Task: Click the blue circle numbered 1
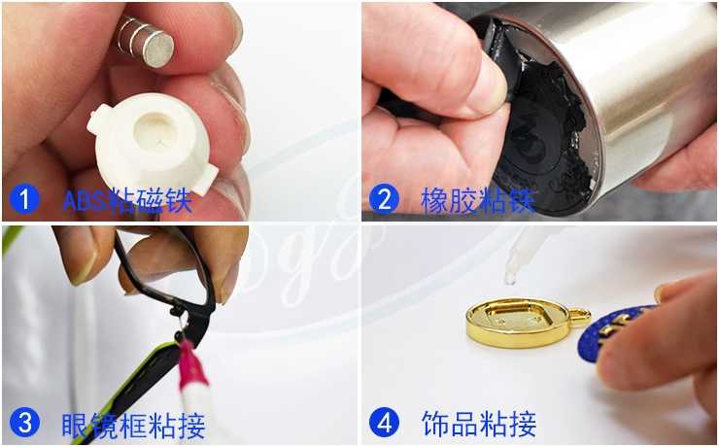click(24, 199)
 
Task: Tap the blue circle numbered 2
click(384, 199)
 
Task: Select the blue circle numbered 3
click(24, 423)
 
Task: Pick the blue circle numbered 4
click(384, 423)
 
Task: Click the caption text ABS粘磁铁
click(126, 200)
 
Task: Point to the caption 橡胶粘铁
click(477, 200)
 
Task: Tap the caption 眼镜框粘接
click(133, 425)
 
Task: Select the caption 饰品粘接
click(478, 424)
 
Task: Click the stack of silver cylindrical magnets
click(145, 41)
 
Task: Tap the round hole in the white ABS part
click(154, 130)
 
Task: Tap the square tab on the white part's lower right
click(205, 179)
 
